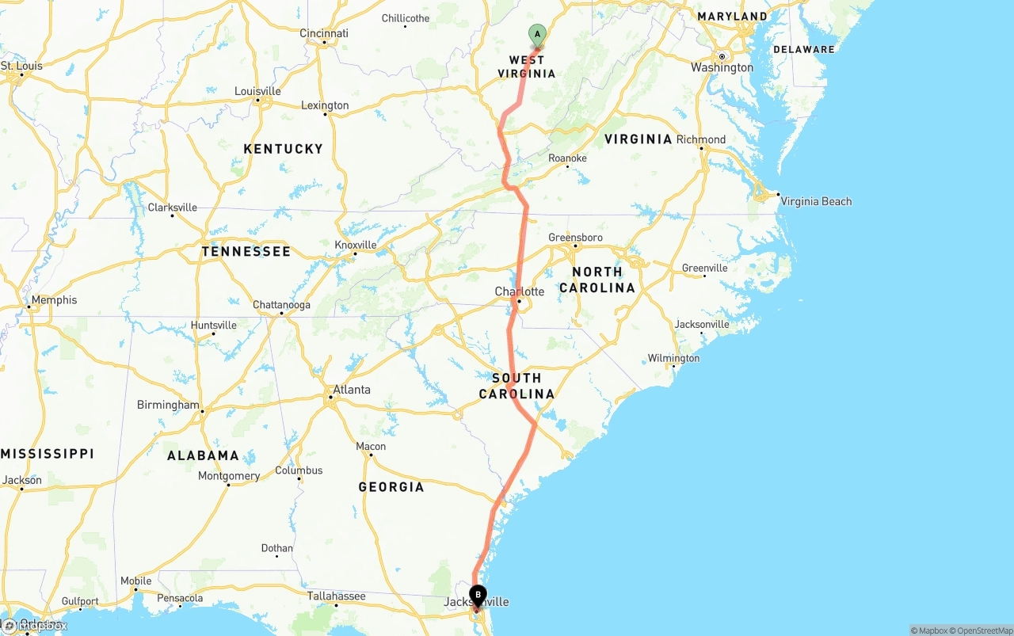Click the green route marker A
pyautogui.click(x=538, y=34)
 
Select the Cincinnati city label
pyautogui.click(x=324, y=33)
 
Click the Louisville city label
pyautogui.click(x=257, y=91)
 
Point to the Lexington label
pyautogui.click(x=325, y=105)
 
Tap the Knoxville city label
pyautogui.click(x=356, y=245)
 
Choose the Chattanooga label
pyautogui.click(x=281, y=305)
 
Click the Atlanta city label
pyautogui.click(x=351, y=390)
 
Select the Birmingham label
pyautogui.click(x=168, y=405)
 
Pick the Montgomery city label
pyautogui.click(x=229, y=476)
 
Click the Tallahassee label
pyautogui.click(x=337, y=596)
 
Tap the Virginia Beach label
pyautogui.click(x=816, y=201)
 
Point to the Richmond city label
pyautogui.click(x=701, y=139)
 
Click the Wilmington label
pyautogui.click(x=673, y=359)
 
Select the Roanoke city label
pyautogui.click(x=567, y=158)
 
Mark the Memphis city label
pyautogui.click(x=55, y=300)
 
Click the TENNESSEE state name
pyautogui.click(x=246, y=252)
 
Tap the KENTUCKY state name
pyautogui.click(x=283, y=149)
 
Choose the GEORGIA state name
pyautogui.click(x=391, y=487)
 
